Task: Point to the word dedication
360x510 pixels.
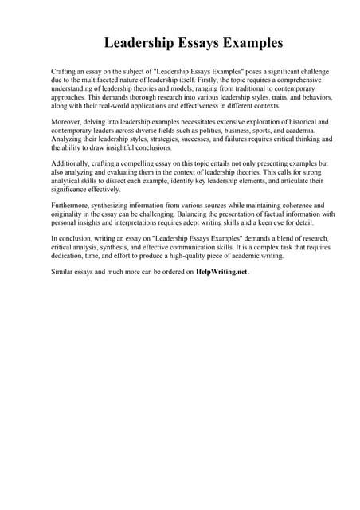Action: (72, 256)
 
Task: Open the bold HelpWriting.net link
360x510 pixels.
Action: (222, 272)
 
